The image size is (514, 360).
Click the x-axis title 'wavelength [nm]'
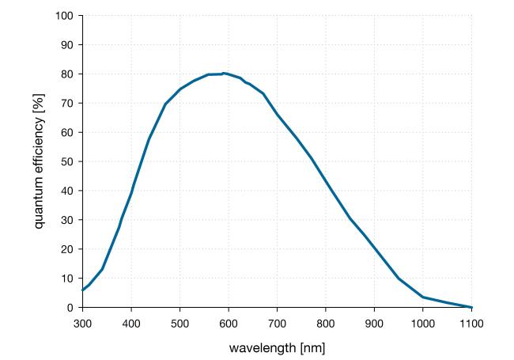coord(277,348)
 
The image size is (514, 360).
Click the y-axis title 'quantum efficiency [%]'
coord(39,161)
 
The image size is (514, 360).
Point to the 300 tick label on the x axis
coord(82,323)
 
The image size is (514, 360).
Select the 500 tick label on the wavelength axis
coord(180,323)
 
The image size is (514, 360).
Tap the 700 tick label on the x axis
coord(277,323)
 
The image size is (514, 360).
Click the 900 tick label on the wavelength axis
coord(374,323)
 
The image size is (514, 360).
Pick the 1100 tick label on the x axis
coord(471,323)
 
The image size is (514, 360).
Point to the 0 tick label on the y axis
coord(70,308)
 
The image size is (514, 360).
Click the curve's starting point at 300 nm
coord(82,290)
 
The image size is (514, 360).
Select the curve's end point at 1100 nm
coord(471,307)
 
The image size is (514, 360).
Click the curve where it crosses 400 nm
coord(131,193)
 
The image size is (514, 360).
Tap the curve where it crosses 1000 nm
coord(423,297)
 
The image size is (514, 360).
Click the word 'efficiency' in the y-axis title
coord(39,153)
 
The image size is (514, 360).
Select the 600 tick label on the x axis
coord(229,323)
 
